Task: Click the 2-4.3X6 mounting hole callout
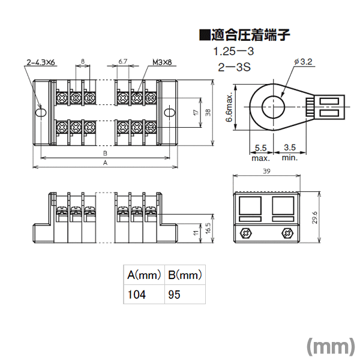click(41, 62)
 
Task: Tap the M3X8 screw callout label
click(162, 62)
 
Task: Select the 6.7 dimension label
click(123, 62)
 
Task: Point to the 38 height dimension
click(208, 113)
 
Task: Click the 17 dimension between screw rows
click(196, 113)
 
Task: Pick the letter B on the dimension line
click(105, 153)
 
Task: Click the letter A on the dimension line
click(105, 163)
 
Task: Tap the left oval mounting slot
click(41, 113)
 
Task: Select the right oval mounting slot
click(170, 113)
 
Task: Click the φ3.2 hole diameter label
click(303, 62)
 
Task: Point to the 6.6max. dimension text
click(229, 107)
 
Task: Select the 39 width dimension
click(266, 171)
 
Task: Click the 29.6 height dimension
click(315, 218)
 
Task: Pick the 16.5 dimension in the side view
click(208, 229)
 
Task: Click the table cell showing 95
click(185, 295)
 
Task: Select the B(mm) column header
click(185, 275)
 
